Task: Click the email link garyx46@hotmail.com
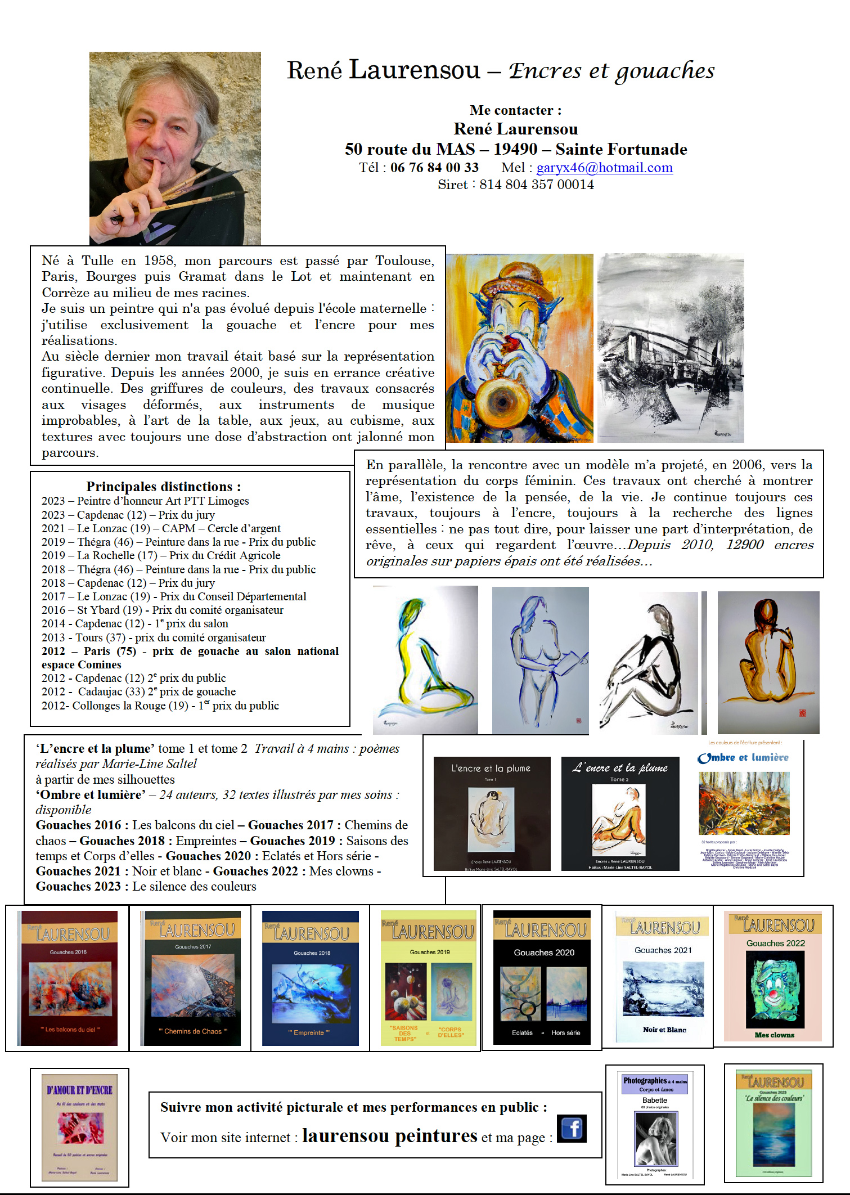[x=604, y=168]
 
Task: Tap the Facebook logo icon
[x=572, y=1128]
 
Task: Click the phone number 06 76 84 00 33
[x=434, y=168]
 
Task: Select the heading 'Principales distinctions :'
[x=163, y=487]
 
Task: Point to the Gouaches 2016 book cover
[x=68, y=978]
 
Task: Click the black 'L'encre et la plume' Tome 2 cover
[x=620, y=814]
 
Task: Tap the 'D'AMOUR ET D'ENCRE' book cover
[x=79, y=1127]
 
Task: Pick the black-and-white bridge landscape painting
[x=671, y=348]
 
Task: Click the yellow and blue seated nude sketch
[x=425, y=659]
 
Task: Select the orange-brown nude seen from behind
[x=768, y=662]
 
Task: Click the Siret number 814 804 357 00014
[x=536, y=185]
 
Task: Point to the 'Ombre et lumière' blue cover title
[x=743, y=758]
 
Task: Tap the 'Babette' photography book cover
[x=655, y=1124]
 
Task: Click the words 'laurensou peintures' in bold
[x=389, y=1135]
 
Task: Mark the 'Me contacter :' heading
[x=515, y=110]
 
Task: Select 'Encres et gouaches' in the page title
[x=611, y=71]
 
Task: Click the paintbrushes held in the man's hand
[x=197, y=186]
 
